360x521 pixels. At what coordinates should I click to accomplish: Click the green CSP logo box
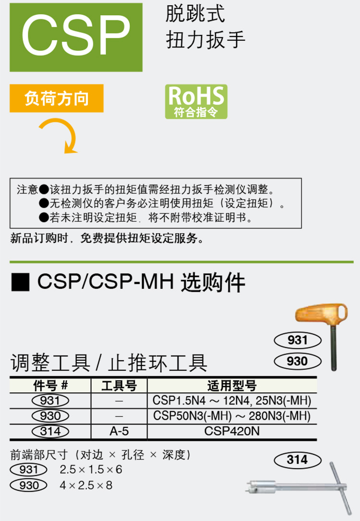pyautogui.click(x=76, y=37)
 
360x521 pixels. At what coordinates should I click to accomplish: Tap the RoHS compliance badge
pyautogui.click(x=196, y=101)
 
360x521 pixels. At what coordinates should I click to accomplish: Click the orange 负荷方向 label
pyautogui.click(x=57, y=99)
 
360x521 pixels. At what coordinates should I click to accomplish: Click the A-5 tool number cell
pyautogui.click(x=119, y=431)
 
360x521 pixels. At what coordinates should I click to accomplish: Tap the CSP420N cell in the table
pyautogui.click(x=231, y=431)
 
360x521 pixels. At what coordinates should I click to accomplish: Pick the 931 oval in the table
pyautogui.click(x=50, y=401)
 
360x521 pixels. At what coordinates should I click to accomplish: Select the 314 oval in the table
pyautogui.click(x=50, y=431)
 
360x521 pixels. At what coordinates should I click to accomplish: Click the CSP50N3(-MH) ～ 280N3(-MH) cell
pyautogui.click(x=231, y=415)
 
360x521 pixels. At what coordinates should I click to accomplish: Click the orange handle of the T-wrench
pyautogui.click(x=319, y=317)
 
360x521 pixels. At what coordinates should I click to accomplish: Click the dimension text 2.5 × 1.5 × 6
pyautogui.click(x=91, y=470)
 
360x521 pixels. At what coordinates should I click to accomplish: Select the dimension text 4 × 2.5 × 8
pyautogui.click(x=86, y=485)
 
